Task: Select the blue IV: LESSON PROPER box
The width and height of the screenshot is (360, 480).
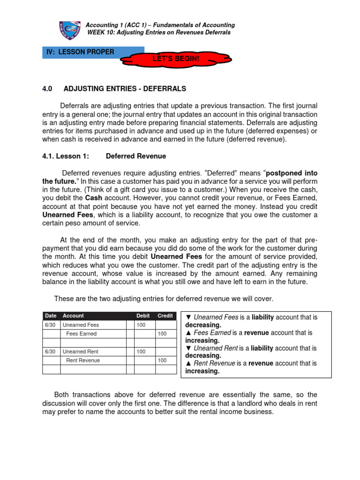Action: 93,52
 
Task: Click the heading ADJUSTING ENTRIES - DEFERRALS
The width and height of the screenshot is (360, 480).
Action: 125,89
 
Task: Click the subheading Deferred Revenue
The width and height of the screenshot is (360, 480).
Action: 136,156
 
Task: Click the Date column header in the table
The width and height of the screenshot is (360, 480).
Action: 50,316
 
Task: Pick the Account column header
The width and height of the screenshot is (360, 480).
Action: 73,316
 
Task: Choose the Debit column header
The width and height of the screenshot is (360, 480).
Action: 143,316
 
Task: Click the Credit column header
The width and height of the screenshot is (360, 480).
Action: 165,316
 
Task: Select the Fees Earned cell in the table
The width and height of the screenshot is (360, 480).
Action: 82,334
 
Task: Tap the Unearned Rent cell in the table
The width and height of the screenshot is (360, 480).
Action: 81,352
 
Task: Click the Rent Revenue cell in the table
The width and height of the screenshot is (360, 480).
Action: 83,360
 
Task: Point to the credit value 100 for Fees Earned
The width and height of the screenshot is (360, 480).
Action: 162,334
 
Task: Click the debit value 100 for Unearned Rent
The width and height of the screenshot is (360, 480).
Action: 141,352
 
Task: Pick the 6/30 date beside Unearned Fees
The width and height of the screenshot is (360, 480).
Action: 50,325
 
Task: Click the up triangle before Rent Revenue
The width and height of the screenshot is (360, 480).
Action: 188,363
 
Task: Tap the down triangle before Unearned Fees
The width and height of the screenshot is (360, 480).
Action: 188,317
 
